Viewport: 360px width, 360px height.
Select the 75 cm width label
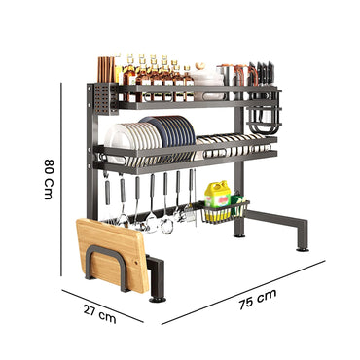259,299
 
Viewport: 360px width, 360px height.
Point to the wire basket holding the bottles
226,210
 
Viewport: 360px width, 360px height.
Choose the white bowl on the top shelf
206,75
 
